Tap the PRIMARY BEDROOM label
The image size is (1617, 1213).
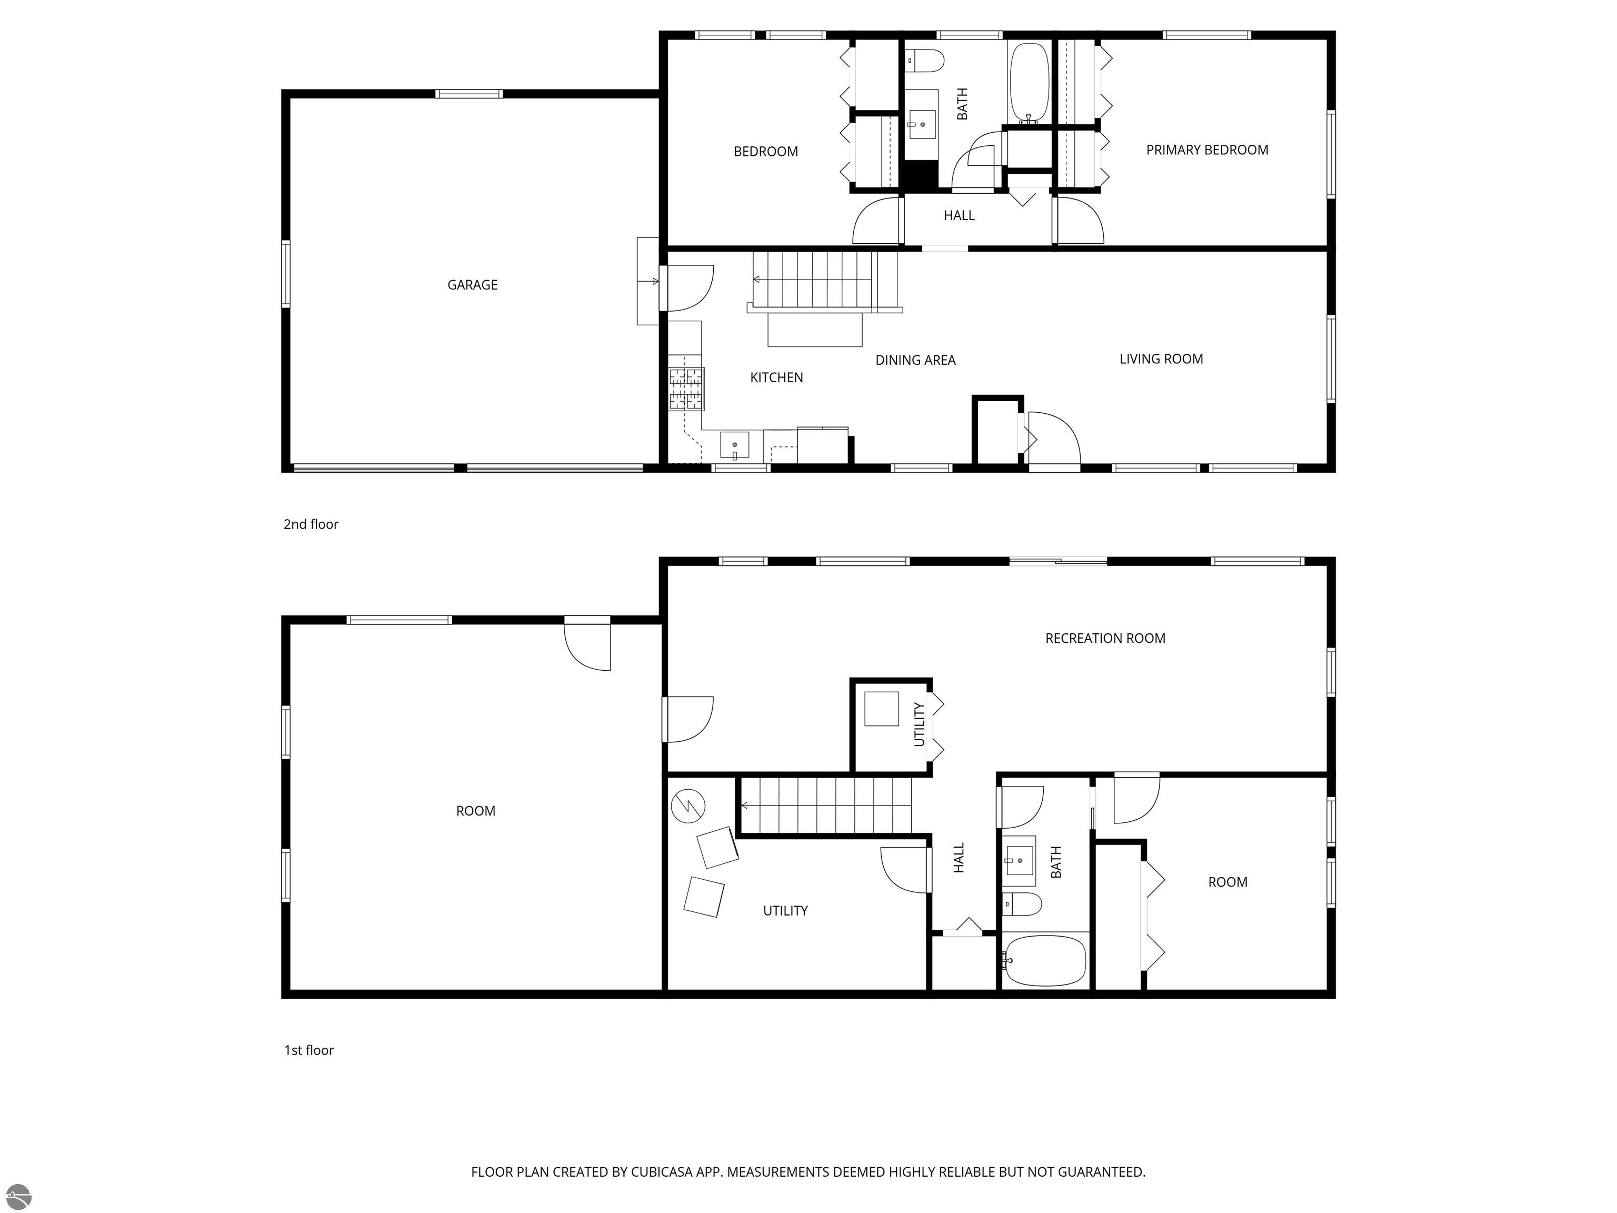pos(1207,150)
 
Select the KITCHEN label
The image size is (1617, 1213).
pos(776,377)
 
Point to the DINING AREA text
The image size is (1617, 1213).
pos(915,360)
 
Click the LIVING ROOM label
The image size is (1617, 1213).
pos(1161,359)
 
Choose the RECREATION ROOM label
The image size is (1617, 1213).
pos(1105,638)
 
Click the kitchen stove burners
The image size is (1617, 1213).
pos(686,388)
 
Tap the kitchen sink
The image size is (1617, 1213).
pos(734,444)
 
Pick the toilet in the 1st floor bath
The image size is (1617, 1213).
pos(1021,904)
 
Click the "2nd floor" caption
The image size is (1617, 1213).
pos(311,524)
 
